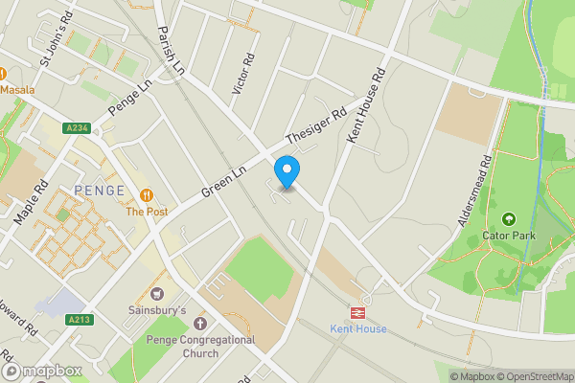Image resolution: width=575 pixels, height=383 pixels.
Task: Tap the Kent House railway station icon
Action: [357, 312]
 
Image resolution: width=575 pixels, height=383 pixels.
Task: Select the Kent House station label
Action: [357, 329]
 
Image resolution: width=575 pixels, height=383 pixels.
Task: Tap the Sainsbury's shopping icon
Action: [157, 294]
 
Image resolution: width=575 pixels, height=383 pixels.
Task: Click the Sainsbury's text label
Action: [157, 310]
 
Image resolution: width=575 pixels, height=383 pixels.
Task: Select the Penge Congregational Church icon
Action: [200, 324]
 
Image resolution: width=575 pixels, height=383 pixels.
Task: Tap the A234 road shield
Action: [78, 127]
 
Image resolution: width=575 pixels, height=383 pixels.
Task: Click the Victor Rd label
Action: [243, 73]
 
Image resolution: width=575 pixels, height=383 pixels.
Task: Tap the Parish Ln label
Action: [170, 48]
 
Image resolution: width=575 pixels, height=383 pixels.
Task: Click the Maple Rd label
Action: [32, 202]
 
